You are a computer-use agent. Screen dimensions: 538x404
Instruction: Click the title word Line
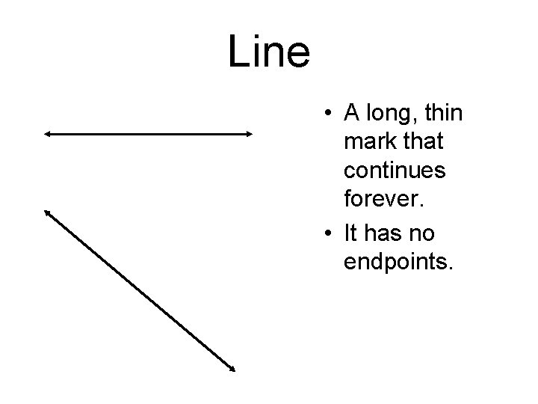click(x=268, y=52)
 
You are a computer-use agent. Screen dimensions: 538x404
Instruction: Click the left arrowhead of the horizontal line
click(x=47, y=134)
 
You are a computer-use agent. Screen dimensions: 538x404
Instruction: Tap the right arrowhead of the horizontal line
click(x=249, y=134)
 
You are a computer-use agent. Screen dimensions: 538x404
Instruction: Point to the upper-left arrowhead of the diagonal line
click(x=48, y=213)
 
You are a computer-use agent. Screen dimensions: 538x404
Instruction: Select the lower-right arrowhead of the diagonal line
click(x=232, y=367)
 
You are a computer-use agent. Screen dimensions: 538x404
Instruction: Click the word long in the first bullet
click(x=392, y=114)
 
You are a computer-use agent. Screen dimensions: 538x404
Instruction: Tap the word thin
click(x=445, y=114)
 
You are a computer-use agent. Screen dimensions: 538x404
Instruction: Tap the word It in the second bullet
click(x=350, y=233)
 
